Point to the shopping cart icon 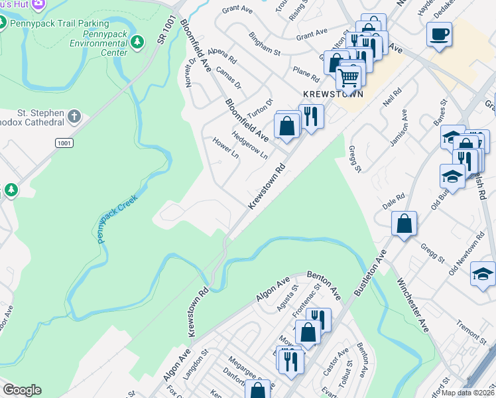coord(348,78)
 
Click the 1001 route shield coord(64,143)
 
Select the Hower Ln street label coord(225,149)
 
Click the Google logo coord(22,390)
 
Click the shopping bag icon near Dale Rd coord(404,224)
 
